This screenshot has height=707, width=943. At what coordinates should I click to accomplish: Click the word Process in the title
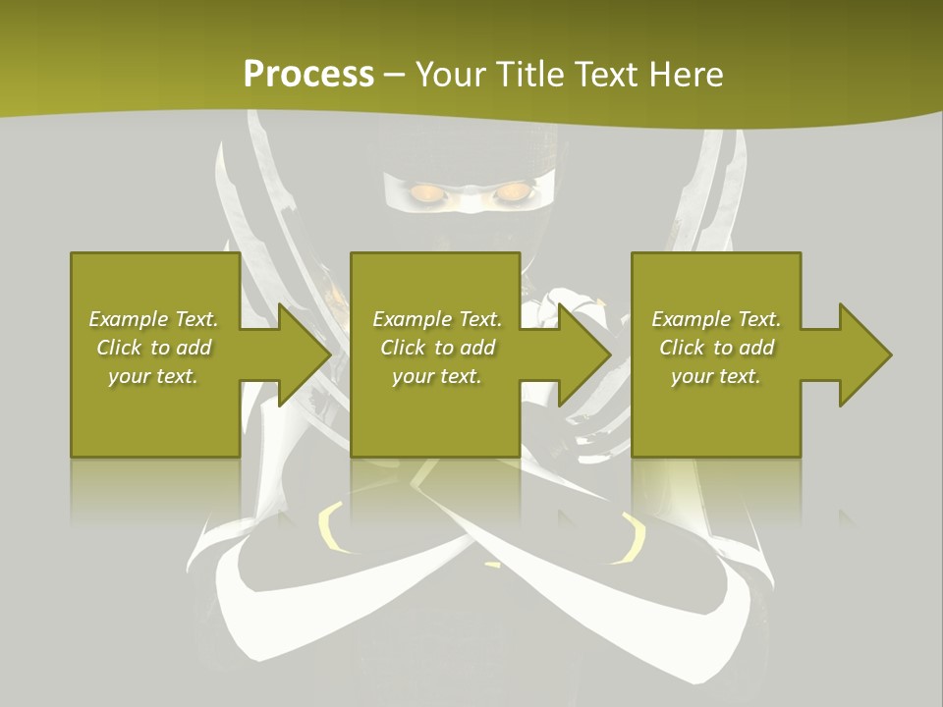point(308,75)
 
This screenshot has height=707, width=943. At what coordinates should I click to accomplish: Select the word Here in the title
point(688,75)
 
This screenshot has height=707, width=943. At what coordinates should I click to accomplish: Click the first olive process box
point(155,412)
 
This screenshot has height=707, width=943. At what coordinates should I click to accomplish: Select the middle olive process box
point(435,412)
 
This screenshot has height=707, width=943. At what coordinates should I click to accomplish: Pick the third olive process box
point(715,412)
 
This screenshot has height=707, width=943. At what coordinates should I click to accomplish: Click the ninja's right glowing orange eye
point(510,192)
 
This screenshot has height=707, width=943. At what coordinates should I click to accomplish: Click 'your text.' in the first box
point(153,376)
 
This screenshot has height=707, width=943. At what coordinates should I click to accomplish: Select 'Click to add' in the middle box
point(437,348)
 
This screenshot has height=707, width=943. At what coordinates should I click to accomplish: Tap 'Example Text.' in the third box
point(716,319)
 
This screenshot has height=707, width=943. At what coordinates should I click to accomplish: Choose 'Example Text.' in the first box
point(153,319)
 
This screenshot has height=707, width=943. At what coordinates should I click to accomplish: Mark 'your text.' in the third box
point(715,376)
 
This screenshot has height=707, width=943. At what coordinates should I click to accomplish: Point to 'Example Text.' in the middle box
point(437,319)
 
